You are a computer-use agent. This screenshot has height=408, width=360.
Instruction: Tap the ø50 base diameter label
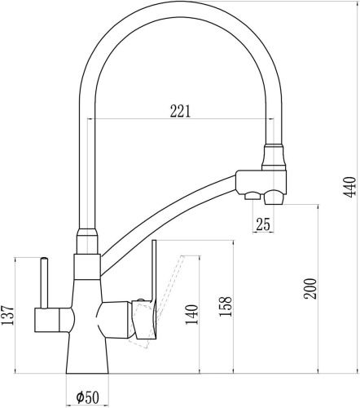[87, 397]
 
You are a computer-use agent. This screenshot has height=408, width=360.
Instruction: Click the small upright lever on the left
[41, 282]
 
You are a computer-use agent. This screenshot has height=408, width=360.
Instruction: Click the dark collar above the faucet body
[86, 242]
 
